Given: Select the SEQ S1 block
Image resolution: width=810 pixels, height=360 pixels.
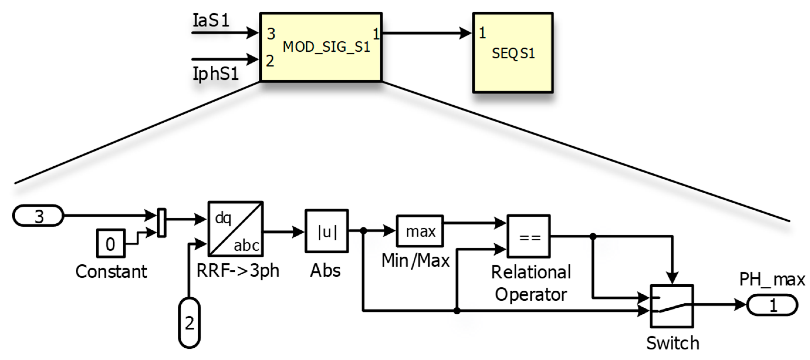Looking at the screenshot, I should [x=513, y=53].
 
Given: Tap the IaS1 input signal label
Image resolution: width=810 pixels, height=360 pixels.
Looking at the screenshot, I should [x=211, y=21].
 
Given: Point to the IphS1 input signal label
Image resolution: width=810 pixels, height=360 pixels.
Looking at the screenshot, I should [x=215, y=74].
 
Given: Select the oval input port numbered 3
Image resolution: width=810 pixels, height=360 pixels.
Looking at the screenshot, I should [x=38, y=216].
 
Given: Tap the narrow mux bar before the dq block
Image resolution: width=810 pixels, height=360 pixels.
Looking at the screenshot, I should [x=161, y=223].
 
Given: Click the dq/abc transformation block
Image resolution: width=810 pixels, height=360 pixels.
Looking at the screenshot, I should [x=236, y=229].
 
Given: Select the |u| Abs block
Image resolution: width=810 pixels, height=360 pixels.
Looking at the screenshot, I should [x=327, y=231].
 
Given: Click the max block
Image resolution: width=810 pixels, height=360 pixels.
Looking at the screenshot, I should [x=420, y=231].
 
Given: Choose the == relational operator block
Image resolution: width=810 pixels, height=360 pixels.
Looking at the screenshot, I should [x=529, y=237].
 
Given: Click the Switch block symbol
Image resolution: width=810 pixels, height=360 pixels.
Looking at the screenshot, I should [x=672, y=306].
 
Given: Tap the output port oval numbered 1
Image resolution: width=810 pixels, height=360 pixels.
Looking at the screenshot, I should [x=772, y=305].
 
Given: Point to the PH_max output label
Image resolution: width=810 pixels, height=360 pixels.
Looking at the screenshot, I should [x=772, y=279].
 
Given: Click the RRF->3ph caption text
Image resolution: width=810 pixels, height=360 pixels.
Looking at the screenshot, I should [x=238, y=271].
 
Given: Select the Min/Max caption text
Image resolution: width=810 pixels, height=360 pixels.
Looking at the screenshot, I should [x=415, y=261].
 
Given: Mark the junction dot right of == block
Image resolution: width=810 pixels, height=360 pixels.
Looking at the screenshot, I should [x=593, y=236].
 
